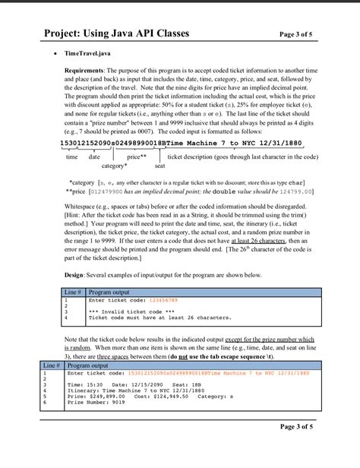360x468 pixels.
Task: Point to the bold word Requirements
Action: coord(87,69)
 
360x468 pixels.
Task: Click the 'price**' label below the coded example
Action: coord(137,156)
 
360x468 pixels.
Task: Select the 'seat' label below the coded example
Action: coord(159,165)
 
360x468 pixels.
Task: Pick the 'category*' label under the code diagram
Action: coord(115,165)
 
